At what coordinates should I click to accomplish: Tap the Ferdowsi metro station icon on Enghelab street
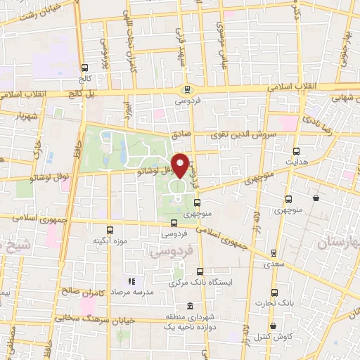click(x=186, y=90)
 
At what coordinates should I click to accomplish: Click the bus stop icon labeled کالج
click(x=85, y=68)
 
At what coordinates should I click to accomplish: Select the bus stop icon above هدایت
click(x=295, y=151)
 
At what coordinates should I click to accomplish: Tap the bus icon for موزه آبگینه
click(x=109, y=230)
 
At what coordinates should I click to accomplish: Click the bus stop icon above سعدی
click(x=274, y=253)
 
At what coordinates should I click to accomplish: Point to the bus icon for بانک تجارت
click(x=275, y=292)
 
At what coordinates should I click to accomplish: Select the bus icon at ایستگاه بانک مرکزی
click(x=200, y=271)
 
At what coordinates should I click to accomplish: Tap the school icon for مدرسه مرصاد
click(x=130, y=281)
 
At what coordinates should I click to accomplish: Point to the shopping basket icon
click(x=317, y=198)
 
